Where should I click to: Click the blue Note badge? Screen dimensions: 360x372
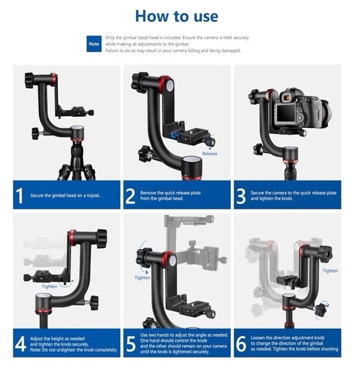click(94, 44)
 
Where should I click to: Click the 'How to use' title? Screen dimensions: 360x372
click(176, 16)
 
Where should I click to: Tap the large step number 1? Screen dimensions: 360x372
click(20, 195)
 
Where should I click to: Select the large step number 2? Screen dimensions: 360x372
click(130, 196)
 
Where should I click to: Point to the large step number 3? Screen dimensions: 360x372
click(241, 196)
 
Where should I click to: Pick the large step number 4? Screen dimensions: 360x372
click(20, 344)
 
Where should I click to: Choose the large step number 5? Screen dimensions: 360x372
click(131, 344)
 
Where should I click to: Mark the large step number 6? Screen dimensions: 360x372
click(241, 344)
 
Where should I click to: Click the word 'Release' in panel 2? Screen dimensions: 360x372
click(210, 154)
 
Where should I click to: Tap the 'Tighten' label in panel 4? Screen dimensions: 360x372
click(49, 286)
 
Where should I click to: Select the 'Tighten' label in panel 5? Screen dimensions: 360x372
click(142, 278)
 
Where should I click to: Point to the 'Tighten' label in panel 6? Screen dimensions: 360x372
click(330, 271)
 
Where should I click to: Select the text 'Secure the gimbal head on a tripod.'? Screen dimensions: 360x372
click(65, 195)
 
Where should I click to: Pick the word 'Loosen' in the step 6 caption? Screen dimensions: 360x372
click(258, 338)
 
